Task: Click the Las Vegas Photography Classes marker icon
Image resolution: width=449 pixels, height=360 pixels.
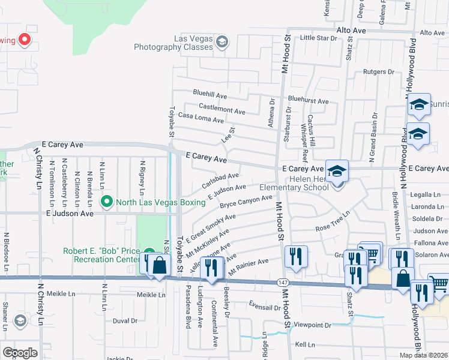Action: pyautogui.click(x=222, y=41)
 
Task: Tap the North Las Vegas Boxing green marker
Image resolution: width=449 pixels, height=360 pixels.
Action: pyautogui.click(x=107, y=202)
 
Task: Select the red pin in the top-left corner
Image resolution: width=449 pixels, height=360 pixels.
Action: pyautogui.click(x=25, y=40)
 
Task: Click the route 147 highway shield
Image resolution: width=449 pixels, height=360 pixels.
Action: pyautogui.click(x=283, y=281)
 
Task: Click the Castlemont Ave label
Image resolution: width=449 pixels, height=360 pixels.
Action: pyautogui.click(x=221, y=109)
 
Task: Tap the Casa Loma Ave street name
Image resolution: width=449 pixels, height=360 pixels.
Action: pyautogui.click(x=201, y=118)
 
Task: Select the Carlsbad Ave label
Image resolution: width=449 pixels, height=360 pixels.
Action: pyautogui.click(x=220, y=179)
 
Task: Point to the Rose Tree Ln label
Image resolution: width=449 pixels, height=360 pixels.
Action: pyautogui.click(x=333, y=221)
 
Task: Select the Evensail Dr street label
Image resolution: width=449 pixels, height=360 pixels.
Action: pyautogui.click(x=264, y=307)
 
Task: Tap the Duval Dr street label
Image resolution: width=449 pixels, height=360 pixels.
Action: pyautogui.click(x=125, y=320)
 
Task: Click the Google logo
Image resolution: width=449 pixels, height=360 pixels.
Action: pyautogui.click(x=20, y=352)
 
